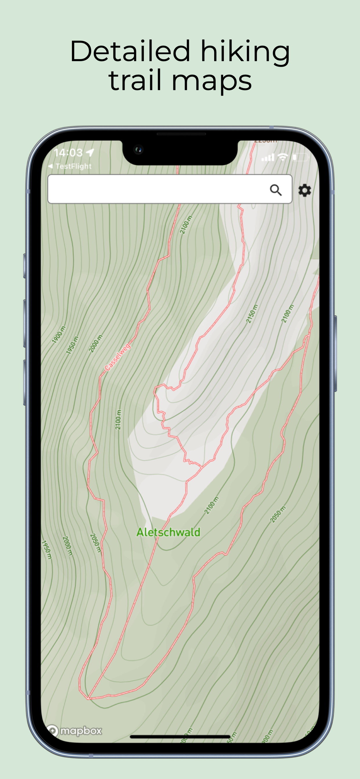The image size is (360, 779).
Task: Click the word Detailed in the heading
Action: [x=130, y=51]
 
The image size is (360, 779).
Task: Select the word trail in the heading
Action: [x=135, y=81]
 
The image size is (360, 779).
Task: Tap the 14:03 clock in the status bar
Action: [x=68, y=153]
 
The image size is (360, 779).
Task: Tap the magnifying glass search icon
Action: [x=276, y=190]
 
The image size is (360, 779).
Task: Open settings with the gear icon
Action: [x=304, y=190]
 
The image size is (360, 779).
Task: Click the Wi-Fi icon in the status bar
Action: [x=283, y=157]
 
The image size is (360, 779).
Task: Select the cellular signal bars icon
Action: [x=268, y=157]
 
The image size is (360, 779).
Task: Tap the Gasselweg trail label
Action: [x=118, y=356]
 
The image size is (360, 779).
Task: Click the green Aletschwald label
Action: [x=168, y=532]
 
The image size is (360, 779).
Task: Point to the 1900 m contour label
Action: [x=58, y=335]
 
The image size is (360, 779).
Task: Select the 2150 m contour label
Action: [x=252, y=314]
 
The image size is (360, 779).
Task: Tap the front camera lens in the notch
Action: [x=139, y=149]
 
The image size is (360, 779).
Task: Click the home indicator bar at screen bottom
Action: [x=180, y=737]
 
